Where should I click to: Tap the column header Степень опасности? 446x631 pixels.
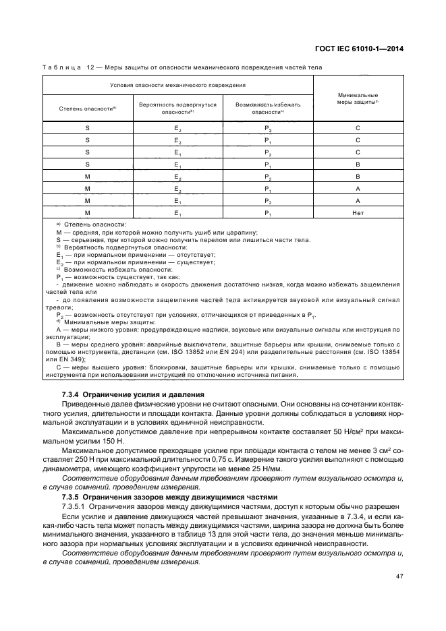click(x=88, y=108)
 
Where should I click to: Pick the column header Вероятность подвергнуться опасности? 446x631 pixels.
click(x=177, y=109)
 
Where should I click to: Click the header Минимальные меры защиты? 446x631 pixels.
click(x=358, y=98)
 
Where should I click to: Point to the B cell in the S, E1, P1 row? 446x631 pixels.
click(x=358, y=164)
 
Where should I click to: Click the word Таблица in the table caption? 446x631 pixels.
click(x=63, y=67)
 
